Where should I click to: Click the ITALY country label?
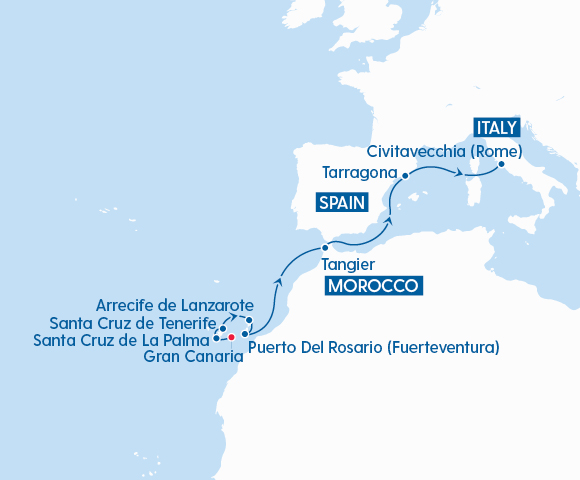tap(497, 128)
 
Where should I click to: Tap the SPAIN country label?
tap(340, 203)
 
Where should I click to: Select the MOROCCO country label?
tap(371, 287)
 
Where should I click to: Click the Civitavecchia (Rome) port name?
tap(445, 152)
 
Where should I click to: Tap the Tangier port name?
tap(348, 265)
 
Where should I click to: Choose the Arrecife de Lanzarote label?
tap(175, 304)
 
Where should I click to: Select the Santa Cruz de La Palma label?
tap(121, 340)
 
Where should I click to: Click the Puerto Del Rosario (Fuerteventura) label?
tap(373, 348)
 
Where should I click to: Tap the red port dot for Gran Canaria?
tap(231, 338)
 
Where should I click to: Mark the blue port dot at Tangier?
tap(323, 246)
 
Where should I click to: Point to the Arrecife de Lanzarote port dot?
tap(249, 321)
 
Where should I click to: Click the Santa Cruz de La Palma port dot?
tap(217, 339)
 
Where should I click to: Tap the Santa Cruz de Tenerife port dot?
tap(224, 328)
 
